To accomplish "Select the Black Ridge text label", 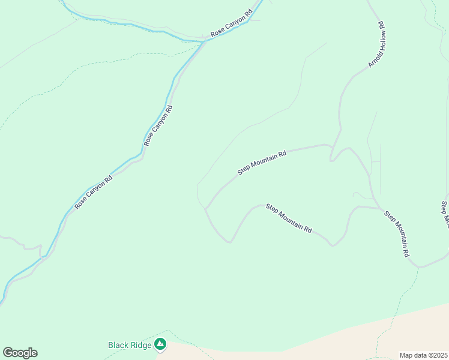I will click(130, 345).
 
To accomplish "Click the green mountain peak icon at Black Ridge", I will click(160, 344).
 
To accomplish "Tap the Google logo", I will click(20, 353).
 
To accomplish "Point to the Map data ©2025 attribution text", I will click(423, 355).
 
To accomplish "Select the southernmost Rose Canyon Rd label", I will click(94, 193).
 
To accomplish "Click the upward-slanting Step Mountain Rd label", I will click(262, 163).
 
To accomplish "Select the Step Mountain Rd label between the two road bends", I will click(289, 219).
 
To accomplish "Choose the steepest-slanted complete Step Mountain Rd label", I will click(397, 235).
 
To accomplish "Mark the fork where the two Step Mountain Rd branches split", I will click(206, 209).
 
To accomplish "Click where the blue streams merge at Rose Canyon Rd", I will click(205, 41).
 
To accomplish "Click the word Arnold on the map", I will click(373, 59).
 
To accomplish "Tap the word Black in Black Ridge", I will click(118, 345).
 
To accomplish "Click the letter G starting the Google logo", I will click(8, 353).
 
